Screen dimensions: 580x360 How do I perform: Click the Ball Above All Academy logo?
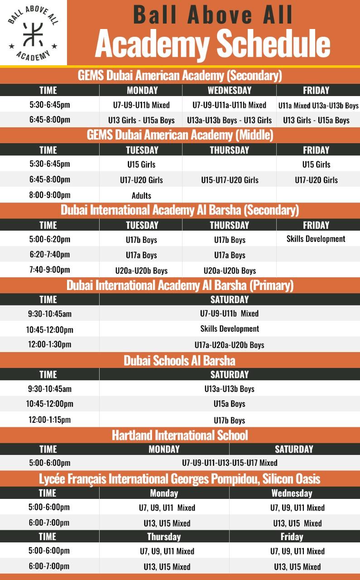click(33, 33)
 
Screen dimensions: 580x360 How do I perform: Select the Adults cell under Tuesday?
click(141, 196)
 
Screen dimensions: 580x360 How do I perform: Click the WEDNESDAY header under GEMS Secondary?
click(229, 90)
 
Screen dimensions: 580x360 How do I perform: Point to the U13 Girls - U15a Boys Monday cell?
click(141, 120)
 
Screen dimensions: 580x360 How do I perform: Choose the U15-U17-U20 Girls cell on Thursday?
click(230, 180)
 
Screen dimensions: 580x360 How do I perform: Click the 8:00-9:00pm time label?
click(50, 195)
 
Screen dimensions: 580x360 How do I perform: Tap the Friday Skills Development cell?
click(316, 239)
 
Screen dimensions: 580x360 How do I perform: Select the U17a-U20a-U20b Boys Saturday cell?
click(229, 345)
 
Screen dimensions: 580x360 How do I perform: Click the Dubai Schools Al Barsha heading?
click(180, 361)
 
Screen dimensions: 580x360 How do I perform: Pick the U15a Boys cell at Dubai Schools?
click(229, 404)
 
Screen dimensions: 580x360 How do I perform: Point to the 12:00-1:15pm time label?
click(49, 420)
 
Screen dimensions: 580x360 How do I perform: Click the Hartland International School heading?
click(180, 435)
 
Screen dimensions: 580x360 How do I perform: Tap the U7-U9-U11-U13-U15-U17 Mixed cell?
click(229, 463)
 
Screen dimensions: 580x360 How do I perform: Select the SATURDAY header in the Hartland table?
click(294, 449)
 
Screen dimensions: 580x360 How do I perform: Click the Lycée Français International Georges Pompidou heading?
click(180, 479)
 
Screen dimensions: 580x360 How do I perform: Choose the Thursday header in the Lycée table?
click(164, 536)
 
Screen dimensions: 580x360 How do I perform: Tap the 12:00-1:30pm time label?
click(50, 344)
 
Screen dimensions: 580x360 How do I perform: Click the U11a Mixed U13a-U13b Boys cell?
click(318, 106)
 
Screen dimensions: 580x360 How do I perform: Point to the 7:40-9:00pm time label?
click(50, 270)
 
